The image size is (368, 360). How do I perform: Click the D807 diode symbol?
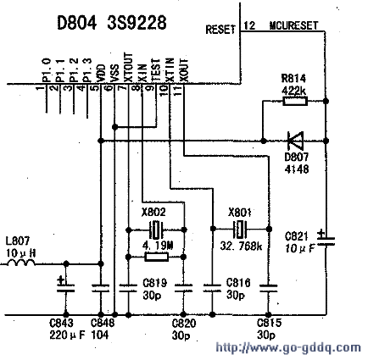(295, 141)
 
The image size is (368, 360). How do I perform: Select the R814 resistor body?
(295, 101)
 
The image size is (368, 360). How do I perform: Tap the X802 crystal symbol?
(156, 230)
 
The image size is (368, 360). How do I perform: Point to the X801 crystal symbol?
(240, 229)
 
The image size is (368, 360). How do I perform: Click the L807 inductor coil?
(21, 263)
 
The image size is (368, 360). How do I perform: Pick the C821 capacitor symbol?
(326, 241)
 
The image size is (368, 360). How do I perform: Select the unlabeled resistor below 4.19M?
(156, 257)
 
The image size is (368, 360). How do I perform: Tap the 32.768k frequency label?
(241, 246)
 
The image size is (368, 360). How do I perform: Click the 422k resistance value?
(293, 91)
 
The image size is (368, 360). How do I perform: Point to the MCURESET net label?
(293, 25)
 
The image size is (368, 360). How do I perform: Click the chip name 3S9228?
(137, 23)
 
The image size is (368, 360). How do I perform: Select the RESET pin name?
(220, 30)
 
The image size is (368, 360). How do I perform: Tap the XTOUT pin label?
(128, 68)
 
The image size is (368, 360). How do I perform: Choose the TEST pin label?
(156, 70)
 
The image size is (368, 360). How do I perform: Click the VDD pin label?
(100, 73)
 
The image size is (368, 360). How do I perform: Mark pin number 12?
(249, 25)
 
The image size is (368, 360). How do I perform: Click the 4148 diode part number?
(297, 169)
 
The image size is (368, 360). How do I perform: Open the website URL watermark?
(288, 347)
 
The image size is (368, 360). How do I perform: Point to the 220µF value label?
(67, 335)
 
